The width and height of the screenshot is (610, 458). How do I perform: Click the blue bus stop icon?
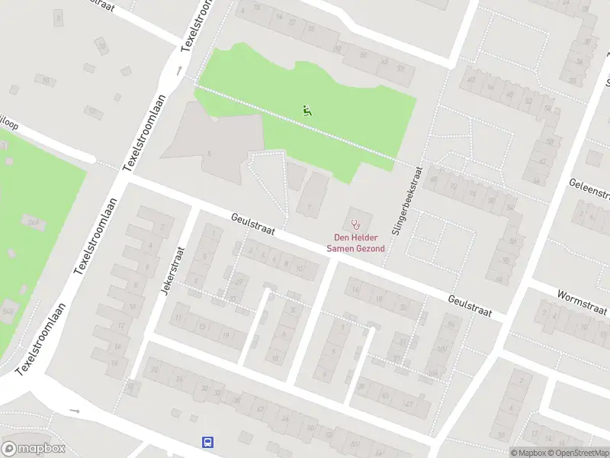tap(207, 442)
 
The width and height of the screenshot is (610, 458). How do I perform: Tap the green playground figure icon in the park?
tap(307, 110)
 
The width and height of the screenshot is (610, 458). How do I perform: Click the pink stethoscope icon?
tap(355, 224)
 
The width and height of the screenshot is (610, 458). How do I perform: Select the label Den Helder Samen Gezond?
tap(355, 243)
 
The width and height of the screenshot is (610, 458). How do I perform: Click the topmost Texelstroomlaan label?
tap(197, 24)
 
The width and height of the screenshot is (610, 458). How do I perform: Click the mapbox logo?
tap(34, 449)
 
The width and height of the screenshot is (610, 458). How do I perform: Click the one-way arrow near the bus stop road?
tap(74, 411)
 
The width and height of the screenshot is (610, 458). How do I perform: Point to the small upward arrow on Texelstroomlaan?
tap(180, 70)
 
